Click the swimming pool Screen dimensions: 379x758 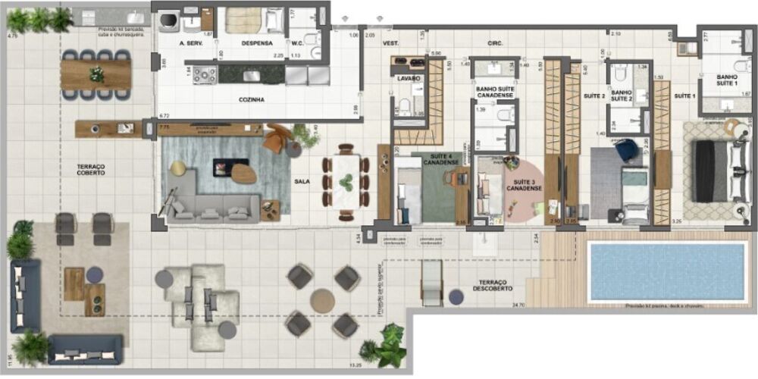pyautogui.click(x=666, y=271)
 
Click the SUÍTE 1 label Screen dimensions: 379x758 pyautogui.click(x=684, y=96)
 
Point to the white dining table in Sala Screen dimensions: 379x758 pyautogui.click(x=346, y=181)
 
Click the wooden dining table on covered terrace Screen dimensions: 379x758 pyautogui.click(x=96, y=74)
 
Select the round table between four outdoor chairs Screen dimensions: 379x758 pyautogui.click(x=322, y=301)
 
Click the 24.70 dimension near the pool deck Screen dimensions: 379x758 pyautogui.click(x=518, y=305)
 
